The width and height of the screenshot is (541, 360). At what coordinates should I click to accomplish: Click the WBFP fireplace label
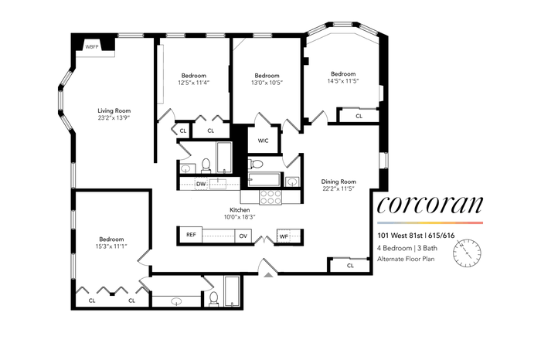pos(92,46)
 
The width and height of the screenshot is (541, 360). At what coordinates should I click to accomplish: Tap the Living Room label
pos(114,110)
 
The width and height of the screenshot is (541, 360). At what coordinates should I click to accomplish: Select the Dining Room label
pos(339,182)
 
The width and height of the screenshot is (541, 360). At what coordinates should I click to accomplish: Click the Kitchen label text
pos(240,209)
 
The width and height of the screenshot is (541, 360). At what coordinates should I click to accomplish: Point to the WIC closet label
pos(263,141)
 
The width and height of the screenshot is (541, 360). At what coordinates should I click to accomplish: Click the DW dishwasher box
pos(201,184)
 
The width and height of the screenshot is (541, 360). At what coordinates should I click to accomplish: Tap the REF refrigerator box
pos(191,235)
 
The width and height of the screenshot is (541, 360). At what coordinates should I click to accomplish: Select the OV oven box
pos(243,236)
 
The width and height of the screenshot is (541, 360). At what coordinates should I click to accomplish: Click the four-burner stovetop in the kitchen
pos(270,197)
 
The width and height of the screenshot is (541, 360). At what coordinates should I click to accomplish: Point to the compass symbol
pos(467,254)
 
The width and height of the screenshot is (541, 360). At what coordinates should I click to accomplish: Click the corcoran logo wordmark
pos(430,205)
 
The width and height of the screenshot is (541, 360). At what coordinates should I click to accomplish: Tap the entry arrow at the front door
pos(269,274)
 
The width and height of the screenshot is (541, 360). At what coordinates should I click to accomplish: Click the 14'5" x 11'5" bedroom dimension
pos(343,81)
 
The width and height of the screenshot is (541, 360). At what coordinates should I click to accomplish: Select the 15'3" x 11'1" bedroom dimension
pos(111,246)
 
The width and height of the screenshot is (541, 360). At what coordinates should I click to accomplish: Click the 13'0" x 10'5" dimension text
pos(267,83)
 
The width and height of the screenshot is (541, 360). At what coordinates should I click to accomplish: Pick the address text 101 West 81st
pos(400,236)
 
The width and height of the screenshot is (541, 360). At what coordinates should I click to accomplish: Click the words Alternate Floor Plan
pos(406,259)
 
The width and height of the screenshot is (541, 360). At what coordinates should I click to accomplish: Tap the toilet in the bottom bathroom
pos(214,299)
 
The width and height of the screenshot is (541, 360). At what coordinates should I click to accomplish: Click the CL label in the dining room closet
pos(350,266)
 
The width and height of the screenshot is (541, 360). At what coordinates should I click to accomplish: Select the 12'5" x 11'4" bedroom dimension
pos(194,83)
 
